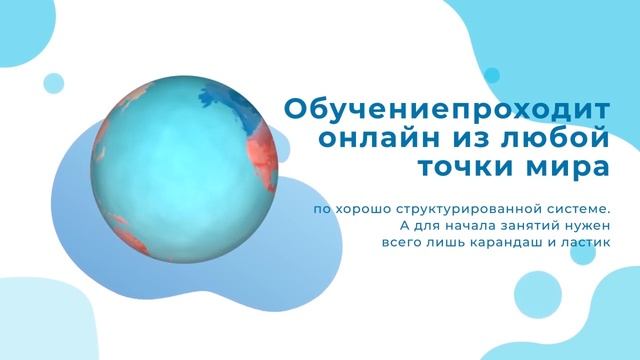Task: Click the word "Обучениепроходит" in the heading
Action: pos(447,108)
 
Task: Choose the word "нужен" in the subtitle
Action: pos(583,225)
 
